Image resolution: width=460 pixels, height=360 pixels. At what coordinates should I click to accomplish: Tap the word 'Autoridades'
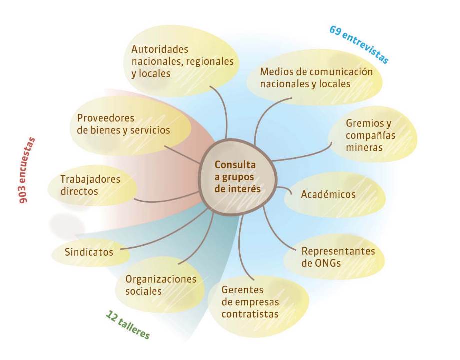coord(160,49)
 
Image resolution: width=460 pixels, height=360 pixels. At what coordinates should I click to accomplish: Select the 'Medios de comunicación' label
coord(316,72)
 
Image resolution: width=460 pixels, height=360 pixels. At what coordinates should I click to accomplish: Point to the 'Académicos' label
coord(328,194)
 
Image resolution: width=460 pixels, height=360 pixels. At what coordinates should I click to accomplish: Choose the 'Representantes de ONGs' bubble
coord(334,257)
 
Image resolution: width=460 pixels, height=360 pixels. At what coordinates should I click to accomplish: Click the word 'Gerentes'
coord(242,290)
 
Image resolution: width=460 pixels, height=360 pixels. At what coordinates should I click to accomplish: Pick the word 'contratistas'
coord(250,314)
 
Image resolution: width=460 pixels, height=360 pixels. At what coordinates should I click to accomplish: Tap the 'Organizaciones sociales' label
coord(161,285)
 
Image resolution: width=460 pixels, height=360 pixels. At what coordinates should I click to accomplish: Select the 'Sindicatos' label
coord(89,252)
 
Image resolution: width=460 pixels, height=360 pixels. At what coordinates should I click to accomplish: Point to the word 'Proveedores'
coord(106,118)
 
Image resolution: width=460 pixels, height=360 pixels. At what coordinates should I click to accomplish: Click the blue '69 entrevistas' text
coord(359,44)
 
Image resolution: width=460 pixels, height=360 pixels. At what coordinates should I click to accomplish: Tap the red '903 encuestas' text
coord(26,170)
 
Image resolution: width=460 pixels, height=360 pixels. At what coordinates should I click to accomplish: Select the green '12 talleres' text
coord(128,325)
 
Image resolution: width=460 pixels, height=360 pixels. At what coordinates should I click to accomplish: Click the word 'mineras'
coord(364,147)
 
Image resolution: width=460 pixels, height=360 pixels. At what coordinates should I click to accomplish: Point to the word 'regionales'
coord(210,61)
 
